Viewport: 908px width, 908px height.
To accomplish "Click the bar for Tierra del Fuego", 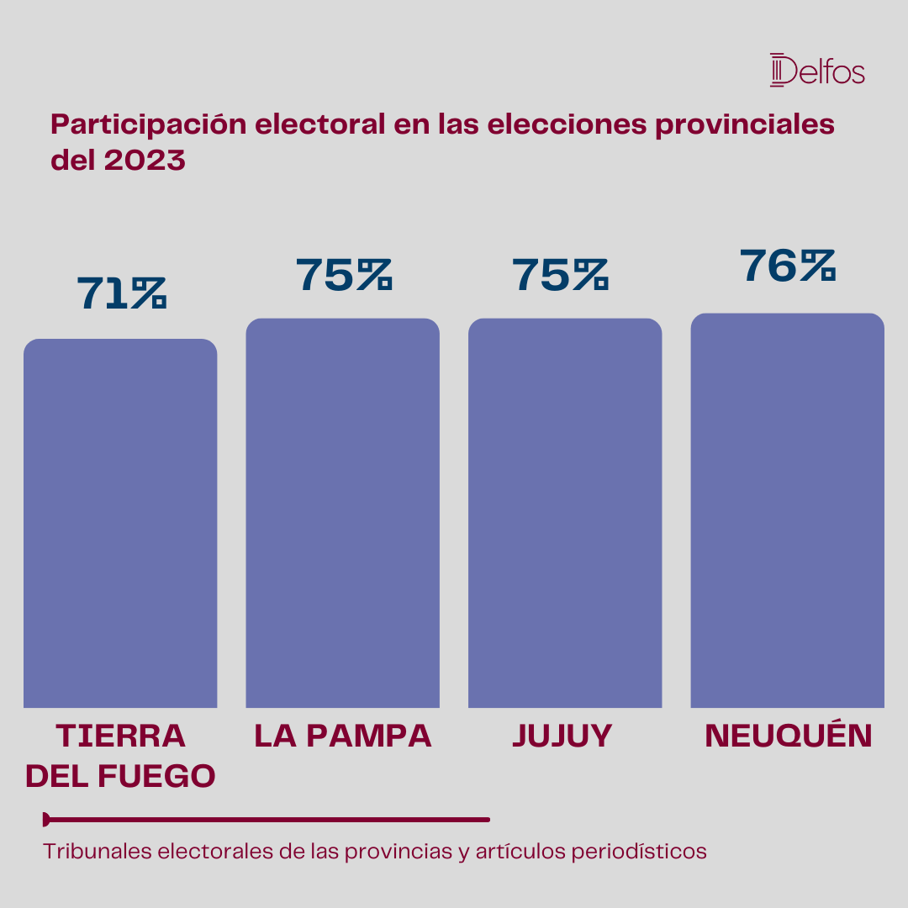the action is click(120, 523).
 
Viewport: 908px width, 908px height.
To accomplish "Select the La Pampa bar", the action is click(343, 513).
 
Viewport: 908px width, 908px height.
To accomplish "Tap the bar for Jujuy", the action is click(565, 513).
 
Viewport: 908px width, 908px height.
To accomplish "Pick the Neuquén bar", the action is click(788, 510).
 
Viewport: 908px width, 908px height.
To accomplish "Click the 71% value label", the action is click(122, 293).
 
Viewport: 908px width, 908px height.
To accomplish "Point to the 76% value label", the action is click(788, 266).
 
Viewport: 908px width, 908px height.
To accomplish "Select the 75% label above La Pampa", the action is click(344, 274).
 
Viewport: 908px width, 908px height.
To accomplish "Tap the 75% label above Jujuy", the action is click(560, 274).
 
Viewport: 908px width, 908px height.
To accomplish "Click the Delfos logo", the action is click(817, 70).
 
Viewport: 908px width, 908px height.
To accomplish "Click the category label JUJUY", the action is click(562, 736).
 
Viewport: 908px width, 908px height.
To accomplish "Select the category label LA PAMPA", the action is click(343, 736).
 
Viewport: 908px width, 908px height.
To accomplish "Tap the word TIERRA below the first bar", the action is click(121, 736).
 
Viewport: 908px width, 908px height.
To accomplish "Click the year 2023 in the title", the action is click(145, 160).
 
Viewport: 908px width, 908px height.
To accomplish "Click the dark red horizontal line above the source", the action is click(267, 820).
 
